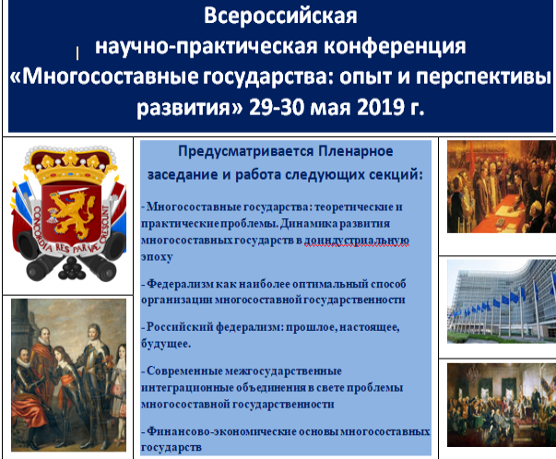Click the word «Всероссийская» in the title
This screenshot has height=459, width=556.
click(x=280, y=16)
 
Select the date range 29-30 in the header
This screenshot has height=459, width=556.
click(x=277, y=107)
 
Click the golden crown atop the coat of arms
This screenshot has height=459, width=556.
click(x=70, y=167)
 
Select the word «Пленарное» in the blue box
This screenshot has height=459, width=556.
click(x=356, y=151)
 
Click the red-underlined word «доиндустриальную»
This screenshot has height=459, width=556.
click(x=357, y=241)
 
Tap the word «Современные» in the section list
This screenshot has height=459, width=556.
click(x=184, y=371)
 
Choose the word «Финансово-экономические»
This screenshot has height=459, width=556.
click(x=221, y=431)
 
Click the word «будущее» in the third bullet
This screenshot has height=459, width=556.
click(x=164, y=344)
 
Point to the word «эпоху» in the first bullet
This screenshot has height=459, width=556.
click(x=157, y=257)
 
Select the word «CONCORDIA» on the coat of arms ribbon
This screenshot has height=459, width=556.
click(x=40, y=228)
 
